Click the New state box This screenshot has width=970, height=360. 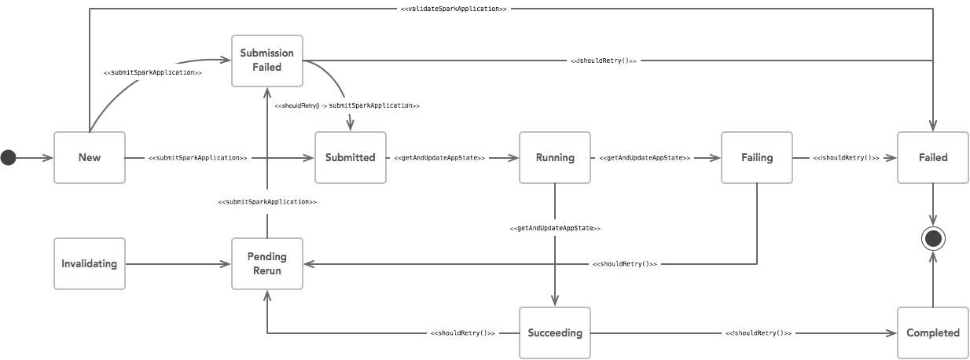click(89, 157)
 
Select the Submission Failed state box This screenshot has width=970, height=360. click(266, 61)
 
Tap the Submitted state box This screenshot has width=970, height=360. click(350, 157)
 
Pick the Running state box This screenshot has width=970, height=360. click(554, 157)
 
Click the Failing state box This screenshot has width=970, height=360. click(756, 157)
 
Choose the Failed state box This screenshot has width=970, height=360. click(932, 157)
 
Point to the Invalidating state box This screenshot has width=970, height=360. click(89, 263)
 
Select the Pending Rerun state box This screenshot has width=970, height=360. click(266, 263)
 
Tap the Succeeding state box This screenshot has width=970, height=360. click(554, 332)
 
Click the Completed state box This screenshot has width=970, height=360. click(932, 332)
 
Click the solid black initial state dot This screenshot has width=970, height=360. click(8, 158)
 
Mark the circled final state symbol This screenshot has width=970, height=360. click(932, 237)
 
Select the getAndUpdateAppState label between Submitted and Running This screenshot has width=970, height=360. click(439, 158)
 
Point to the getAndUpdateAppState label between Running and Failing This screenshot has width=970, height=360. click(644, 158)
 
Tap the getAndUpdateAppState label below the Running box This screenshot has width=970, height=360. click(554, 229)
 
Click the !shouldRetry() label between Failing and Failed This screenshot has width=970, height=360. click(846, 158)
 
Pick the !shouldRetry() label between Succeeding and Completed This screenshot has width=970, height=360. click(758, 333)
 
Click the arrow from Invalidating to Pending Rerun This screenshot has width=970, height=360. click(178, 264)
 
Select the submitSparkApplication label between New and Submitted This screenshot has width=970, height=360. click(197, 158)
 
